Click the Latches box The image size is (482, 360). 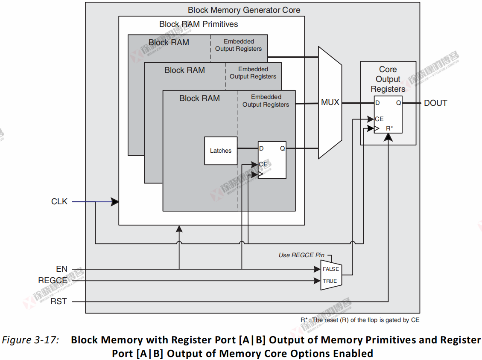click(220, 151)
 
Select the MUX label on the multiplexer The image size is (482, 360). click(330, 102)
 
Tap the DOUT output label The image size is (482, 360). click(435, 103)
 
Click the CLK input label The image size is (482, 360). click(59, 202)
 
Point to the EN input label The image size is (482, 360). click(61, 269)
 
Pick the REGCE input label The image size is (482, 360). click(53, 281)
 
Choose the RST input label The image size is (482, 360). click(58, 301)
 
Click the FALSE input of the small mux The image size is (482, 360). click(330, 269)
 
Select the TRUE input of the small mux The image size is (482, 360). click(330, 281)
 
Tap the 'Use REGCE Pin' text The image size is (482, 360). click(301, 255)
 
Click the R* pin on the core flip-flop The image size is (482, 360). click(389, 128)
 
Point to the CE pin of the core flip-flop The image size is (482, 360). click(379, 119)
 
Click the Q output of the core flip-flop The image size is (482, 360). click(398, 103)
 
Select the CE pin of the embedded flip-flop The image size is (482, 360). click(263, 164)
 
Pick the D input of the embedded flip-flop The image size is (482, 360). click(261, 148)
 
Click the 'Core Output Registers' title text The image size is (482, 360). click(388, 79)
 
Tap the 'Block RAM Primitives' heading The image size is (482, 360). click(199, 24)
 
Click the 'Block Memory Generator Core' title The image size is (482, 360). click(244, 10)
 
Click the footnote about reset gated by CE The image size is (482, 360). click(359, 320)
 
